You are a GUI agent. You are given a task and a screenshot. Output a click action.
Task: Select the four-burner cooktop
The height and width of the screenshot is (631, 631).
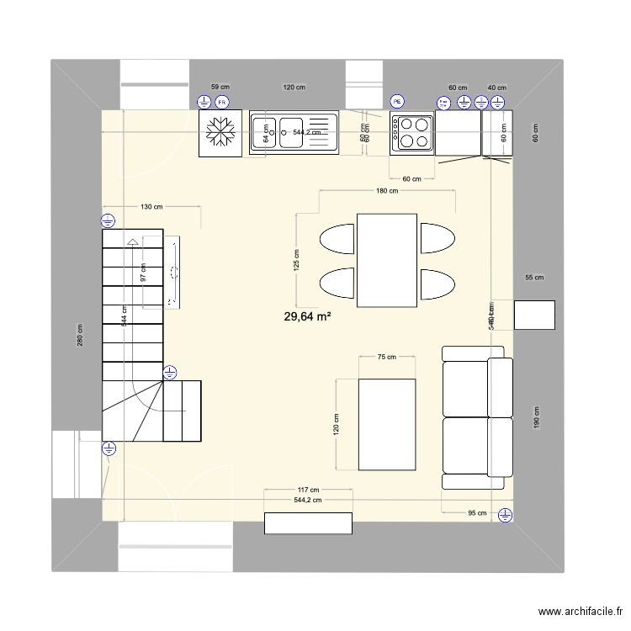click(x=411, y=134)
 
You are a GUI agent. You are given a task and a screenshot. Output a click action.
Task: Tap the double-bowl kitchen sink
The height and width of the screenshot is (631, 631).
click(x=294, y=133)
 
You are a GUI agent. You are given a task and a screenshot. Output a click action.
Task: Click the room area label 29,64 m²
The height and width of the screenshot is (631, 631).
click(x=307, y=317)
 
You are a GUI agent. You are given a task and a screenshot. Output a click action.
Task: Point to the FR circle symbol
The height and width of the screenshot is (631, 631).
click(x=222, y=103)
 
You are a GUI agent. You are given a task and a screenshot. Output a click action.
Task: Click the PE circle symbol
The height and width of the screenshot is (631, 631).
click(x=397, y=103)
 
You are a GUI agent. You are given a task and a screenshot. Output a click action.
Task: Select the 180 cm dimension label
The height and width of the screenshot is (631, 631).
click(x=386, y=192)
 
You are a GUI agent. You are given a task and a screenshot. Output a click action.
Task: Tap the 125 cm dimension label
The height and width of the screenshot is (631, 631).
click(x=295, y=261)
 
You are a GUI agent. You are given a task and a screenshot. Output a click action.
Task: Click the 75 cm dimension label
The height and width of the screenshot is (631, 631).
click(x=386, y=358)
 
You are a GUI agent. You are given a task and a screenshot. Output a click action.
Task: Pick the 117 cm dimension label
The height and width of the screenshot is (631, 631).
click(x=308, y=490)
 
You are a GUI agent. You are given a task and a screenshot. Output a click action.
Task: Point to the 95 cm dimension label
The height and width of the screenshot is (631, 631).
click(x=476, y=514)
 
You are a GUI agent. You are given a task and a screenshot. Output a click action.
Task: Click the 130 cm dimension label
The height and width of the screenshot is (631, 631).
click(x=151, y=207)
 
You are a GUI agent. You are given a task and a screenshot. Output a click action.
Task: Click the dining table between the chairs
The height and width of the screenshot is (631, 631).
click(x=387, y=261)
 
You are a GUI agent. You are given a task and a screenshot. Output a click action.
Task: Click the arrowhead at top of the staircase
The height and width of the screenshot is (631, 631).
click(x=132, y=242)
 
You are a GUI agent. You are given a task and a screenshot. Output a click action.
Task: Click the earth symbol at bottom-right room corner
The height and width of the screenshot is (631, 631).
click(x=504, y=515)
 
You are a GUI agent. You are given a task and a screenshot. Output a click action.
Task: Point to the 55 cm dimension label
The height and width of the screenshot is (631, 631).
click(x=534, y=278)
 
